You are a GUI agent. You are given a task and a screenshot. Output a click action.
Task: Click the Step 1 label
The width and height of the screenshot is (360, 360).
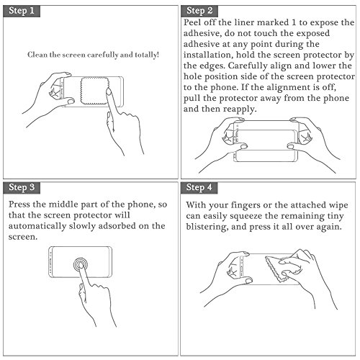coord(22,11)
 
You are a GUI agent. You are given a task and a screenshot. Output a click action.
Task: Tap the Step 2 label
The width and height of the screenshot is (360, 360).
coord(199,11)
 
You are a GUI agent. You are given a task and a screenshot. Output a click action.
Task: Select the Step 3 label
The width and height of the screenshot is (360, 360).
coord(22,187)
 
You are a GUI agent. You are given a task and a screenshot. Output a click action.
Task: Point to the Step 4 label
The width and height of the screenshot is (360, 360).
coord(199,187)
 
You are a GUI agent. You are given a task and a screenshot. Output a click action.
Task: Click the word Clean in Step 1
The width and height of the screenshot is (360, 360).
coord(37,55)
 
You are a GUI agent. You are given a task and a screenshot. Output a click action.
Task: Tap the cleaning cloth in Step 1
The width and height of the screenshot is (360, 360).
coord(95,91)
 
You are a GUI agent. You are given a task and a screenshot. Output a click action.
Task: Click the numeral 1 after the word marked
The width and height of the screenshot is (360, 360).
coord(294,22)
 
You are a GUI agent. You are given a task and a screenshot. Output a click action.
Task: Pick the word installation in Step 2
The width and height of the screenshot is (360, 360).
coord(207,55)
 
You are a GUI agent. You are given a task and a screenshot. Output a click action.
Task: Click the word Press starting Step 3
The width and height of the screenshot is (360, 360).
coord(19,204)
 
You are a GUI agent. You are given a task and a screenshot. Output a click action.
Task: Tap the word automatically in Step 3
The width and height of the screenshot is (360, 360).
coord(37,226)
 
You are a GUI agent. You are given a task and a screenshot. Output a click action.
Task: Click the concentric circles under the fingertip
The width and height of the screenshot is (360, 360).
coord(81,265)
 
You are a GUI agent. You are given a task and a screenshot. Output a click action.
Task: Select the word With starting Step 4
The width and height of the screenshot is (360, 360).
coord(196,205)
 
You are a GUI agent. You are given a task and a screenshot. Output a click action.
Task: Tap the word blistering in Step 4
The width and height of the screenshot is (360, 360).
coord(207,227)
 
